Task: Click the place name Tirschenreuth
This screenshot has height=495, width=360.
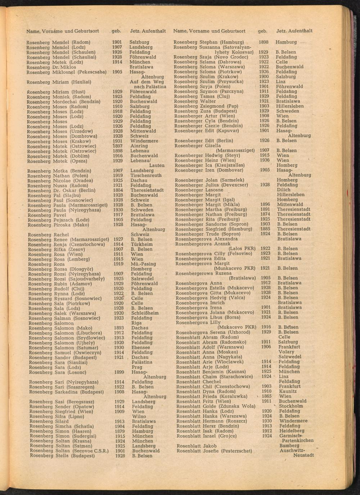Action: click(146, 176)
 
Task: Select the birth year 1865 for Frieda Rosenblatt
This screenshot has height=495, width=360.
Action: click(266, 396)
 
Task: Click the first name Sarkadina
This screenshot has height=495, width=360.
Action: click(67, 392)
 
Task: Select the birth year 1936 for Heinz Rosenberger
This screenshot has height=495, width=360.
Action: click(265, 160)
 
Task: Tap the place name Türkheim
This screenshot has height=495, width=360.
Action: click(142, 244)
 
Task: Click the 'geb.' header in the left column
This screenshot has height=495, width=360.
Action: click(116, 31)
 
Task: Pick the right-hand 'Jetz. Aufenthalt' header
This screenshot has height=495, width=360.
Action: click(294, 31)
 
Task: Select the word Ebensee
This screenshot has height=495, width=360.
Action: click(141, 348)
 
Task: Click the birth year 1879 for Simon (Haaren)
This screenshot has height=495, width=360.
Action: click(120, 431)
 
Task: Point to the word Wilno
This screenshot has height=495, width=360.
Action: click(139, 416)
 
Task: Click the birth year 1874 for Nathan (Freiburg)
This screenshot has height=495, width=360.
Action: click(265, 214)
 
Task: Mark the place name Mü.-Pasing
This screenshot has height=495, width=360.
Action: click(143, 264)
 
